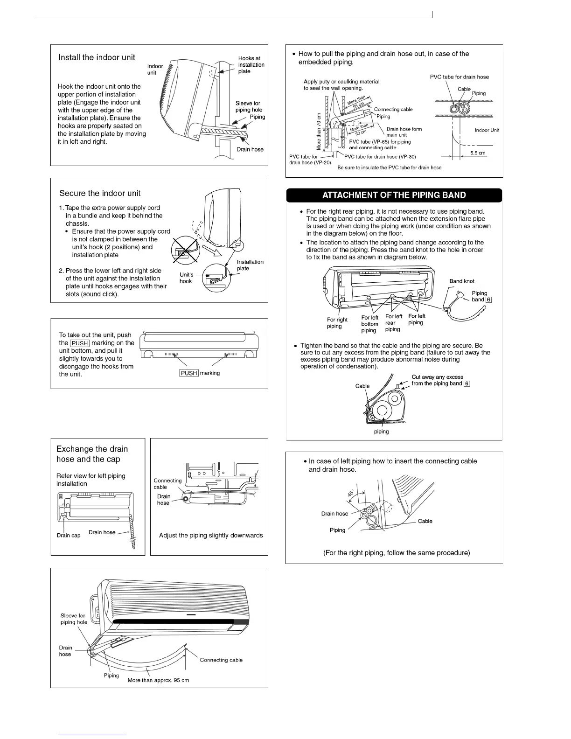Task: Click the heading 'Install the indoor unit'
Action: (x=97, y=57)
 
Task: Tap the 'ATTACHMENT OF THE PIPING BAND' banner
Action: (x=394, y=195)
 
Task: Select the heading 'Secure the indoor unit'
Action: (x=100, y=193)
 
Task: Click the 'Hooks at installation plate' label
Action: (x=251, y=65)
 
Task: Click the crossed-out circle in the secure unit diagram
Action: (x=184, y=249)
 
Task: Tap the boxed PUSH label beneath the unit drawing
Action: (x=189, y=373)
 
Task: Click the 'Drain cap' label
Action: (x=69, y=535)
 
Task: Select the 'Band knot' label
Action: (x=462, y=281)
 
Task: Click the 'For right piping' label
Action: (x=337, y=323)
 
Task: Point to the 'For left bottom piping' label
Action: (x=369, y=324)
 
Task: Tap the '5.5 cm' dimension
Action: (x=478, y=153)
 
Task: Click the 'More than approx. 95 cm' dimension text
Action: (x=158, y=680)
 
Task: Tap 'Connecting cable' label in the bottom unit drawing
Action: (x=221, y=660)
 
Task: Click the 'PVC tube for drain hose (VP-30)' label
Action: (x=380, y=157)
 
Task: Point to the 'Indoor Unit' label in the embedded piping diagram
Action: (x=487, y=130)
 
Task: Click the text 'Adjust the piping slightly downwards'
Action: (x=211, y=535)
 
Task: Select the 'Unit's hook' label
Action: (x=186, y=278)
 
